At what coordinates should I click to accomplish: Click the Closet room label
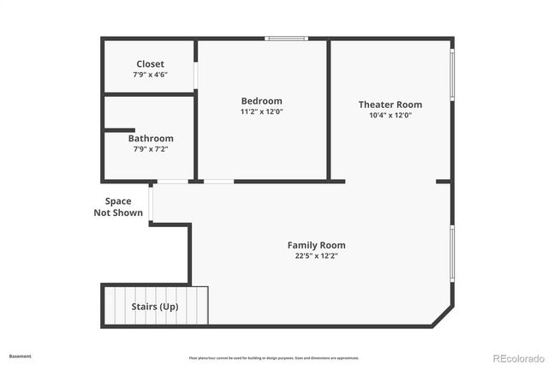pyautogui.click(x=150, y=64)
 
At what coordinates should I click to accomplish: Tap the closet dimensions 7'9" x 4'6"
pyautogui.click(x=150, y=75)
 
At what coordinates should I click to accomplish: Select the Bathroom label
pyautogui.click(x=151, y=138)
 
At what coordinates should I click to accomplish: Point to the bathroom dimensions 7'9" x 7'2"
pyautogui.click(x=151, y=148)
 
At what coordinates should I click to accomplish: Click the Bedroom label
pyautogui.click(x=261, y=101)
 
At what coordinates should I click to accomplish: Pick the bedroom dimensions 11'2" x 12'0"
pyautogui.click(x=261, y=111)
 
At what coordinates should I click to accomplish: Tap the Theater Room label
pyautogui.click(x=390, y=105)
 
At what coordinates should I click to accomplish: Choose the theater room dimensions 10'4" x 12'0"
pyautogui.click(x=390, y=115)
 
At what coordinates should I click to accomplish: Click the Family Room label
pyautogui.click(x=316, y=245)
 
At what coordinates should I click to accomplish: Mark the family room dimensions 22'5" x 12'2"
pyautogui.click(x=316, y=255)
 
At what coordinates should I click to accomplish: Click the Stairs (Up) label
pyautogui.click(x=155, y=306)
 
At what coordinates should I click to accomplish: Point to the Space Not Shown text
pyautogui.click(x=118, y=207)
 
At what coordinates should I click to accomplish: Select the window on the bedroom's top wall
pyautogui.click(x=286, y=38)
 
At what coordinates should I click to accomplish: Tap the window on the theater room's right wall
pyautogui.click(x=452, y=75)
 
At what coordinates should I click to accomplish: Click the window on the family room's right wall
pyautogui.click(x=452, y=253)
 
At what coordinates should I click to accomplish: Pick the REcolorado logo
pyautogui.click(x=515, y=357)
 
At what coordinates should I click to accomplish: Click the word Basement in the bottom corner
pyautogui.click(x=20, y=356)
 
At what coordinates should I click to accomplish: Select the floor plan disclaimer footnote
pyautogui.click(x=274, y=357)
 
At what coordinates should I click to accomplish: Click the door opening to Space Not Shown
pyautogui.click(x=151, y=203)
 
